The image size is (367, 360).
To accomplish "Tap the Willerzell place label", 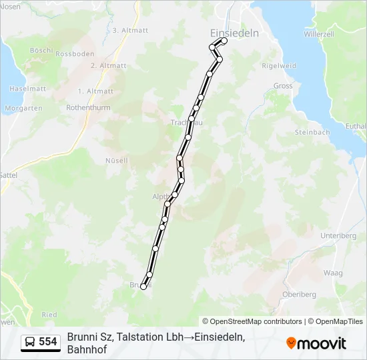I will (318, 33).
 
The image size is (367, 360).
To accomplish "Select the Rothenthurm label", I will (87, 107).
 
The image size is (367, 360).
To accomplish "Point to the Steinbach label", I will (312, 133).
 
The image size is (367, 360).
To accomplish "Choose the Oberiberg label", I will (299, 294).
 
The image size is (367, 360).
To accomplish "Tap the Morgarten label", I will (23, 108).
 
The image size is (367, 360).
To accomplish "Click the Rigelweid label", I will (279, 66).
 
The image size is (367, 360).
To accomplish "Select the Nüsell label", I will (116, 161).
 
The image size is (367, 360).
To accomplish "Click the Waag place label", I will (333, 273).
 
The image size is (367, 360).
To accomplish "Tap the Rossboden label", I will (74, 54).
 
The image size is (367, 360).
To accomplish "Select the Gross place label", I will (283, 86).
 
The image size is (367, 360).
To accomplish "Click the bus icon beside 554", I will (30, 342).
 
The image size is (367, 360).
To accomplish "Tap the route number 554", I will (48, 342).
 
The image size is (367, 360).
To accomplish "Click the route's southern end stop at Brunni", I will (143, 287).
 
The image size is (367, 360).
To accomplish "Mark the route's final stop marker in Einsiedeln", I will (224, 41).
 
